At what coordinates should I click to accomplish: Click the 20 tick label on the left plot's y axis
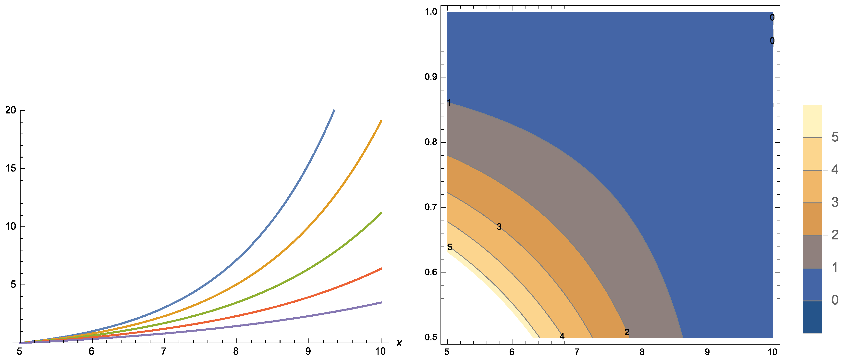click(x=11, y=110)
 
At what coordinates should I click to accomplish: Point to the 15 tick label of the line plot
click(x=11, y=169)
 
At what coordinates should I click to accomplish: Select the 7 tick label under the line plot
click(x=164, y=352)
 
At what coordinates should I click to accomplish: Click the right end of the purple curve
click(x=381, y=302)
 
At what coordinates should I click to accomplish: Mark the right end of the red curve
click(x=381, y=268)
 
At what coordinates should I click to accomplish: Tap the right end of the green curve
click(x=381, y=213)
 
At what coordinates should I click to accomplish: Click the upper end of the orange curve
click(x=381, y=121)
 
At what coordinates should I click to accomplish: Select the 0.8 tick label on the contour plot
click(x=431, y=142)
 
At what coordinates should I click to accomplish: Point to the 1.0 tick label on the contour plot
click(x=431, y=12)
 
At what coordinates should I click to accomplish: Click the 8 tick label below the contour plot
click(x=642, y=352)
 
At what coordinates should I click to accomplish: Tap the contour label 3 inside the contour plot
click(x=499, y=227)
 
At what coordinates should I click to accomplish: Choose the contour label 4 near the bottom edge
click(x=562, y=336)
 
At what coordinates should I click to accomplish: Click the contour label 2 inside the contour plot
click(x=627, y=332)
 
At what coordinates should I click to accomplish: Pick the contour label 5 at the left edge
click(x=450, y=247)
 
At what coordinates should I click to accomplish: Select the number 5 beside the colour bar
click(x=834, y=137)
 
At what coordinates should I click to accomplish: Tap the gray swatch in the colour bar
click(x=812, y=252)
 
